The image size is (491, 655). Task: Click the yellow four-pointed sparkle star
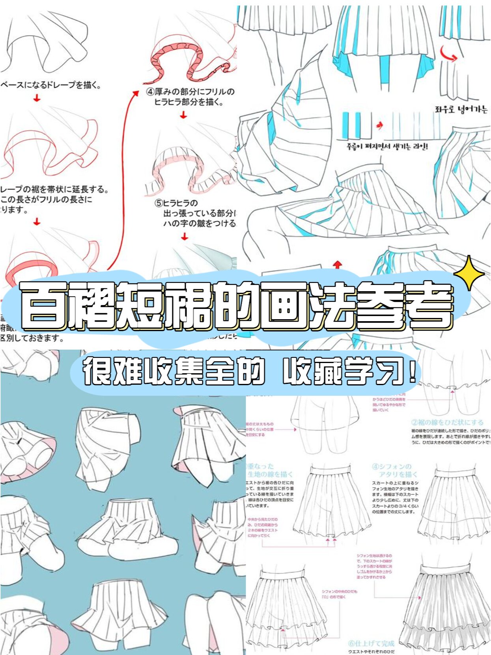[469, 273]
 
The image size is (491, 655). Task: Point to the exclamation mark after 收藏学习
[413, 371]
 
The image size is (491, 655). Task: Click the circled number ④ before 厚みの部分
[150, 92]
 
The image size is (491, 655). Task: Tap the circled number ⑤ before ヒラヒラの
[158, 203]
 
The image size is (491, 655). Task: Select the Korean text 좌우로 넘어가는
[461, 109]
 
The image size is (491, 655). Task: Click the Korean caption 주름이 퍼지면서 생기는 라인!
[387, 146]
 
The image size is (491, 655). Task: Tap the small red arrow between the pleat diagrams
[379, 125]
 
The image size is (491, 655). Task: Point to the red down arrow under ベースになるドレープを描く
[37, 98]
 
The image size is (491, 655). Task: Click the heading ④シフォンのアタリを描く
[394, 470]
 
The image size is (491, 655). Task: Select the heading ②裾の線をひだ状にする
[447, 422]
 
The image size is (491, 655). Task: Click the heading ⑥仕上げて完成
[371, 644]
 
